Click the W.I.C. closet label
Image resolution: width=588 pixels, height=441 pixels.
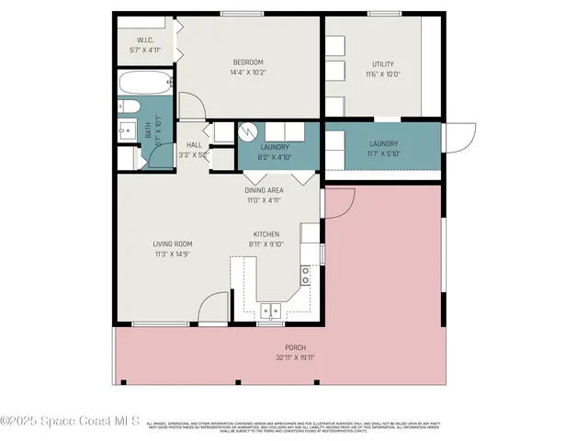(x=145, y=40)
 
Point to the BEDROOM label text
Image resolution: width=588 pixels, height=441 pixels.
(x=248, y=62)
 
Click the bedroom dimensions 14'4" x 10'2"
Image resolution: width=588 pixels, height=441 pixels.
(x=248, y=73)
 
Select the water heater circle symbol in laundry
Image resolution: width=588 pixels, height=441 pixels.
(x=245, y=130)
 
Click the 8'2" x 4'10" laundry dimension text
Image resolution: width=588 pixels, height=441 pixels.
(x=275, y=157)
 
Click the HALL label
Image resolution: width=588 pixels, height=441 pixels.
(x=194, y=145)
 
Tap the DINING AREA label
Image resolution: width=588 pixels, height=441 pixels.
(x=262, y=190)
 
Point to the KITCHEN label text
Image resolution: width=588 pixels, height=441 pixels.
(x=266, y=234)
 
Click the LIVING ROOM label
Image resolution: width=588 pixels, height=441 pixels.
(x=173, y=243)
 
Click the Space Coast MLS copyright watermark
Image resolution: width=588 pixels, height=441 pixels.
(x=70, y=421)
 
